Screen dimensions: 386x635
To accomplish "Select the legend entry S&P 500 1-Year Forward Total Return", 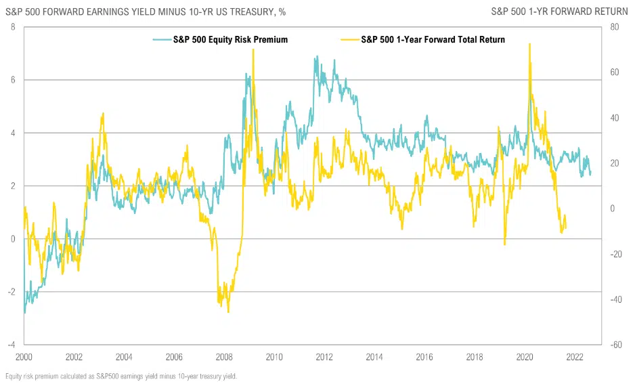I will [x=433, y=39].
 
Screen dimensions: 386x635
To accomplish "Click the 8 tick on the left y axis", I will [x=13, y=27].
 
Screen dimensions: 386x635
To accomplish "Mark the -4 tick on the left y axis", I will [x=11, y=345].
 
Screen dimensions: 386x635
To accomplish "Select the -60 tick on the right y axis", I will [x=615, y=345].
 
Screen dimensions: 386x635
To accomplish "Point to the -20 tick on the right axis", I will [x=615, y=254].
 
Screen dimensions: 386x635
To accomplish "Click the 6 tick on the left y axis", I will [x=13, y=80].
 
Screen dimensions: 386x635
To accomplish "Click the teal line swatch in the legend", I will [x=161, y=39].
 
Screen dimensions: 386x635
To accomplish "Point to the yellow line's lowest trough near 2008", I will [x=228, y=312].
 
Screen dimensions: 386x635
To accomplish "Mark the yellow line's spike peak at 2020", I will [x=529, y=44].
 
